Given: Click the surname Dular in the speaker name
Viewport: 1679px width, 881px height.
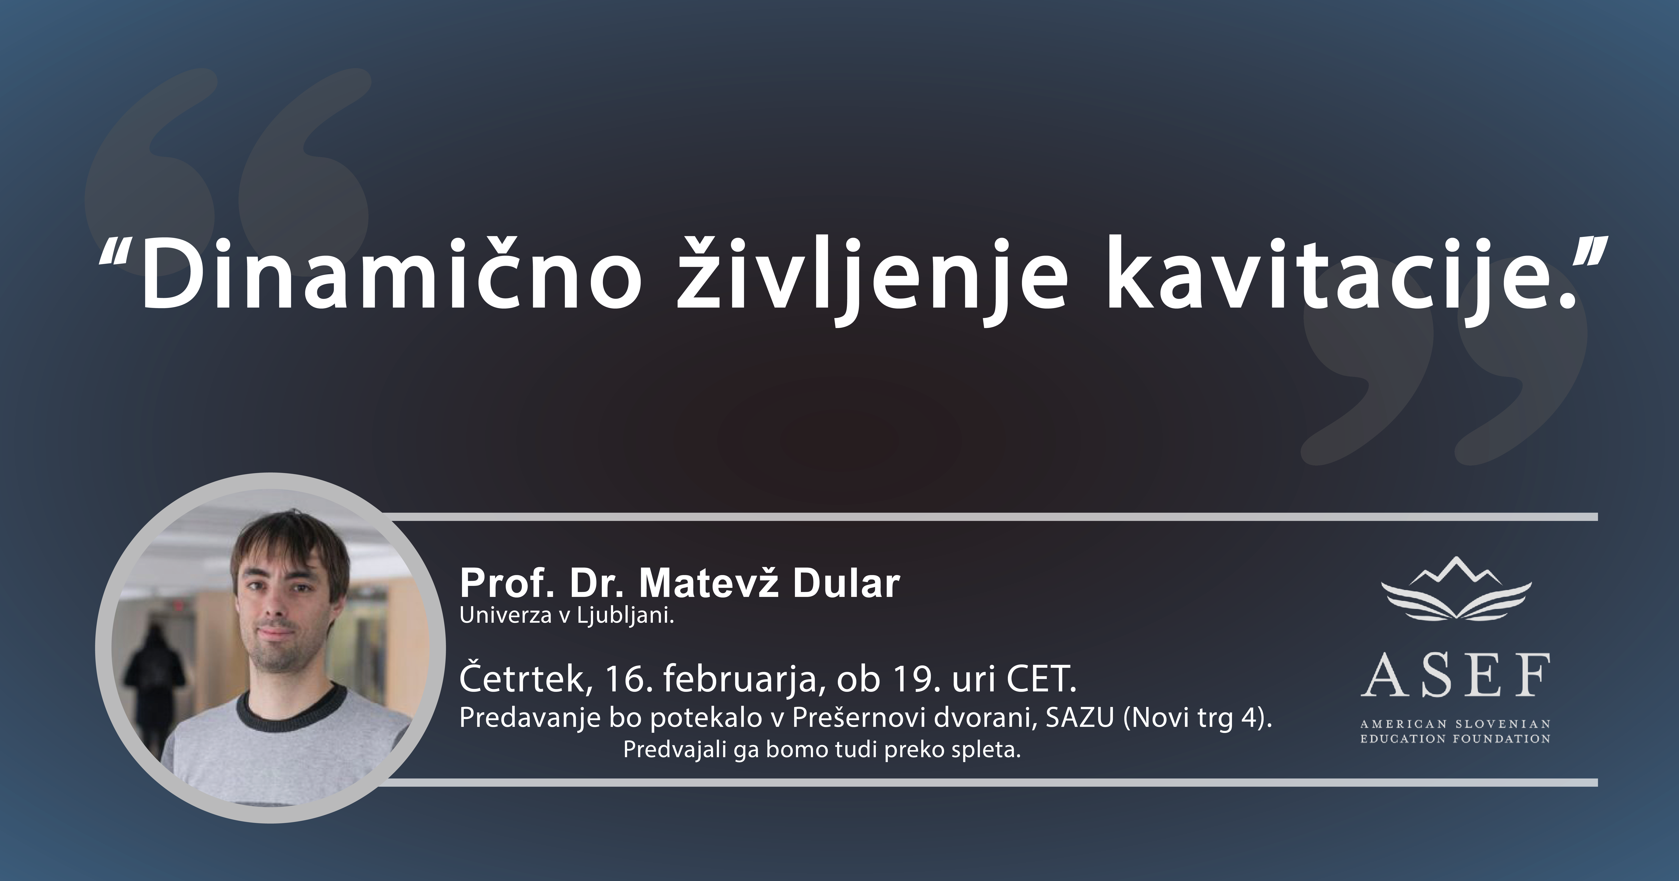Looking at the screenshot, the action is coord(846,584).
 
